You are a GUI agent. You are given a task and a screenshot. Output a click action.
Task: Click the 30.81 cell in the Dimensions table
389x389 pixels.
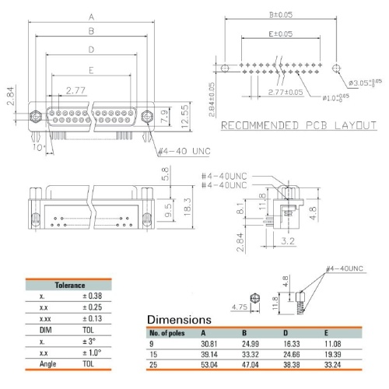coord(209,344)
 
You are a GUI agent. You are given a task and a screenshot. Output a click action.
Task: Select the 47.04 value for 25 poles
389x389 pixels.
coord(251,365)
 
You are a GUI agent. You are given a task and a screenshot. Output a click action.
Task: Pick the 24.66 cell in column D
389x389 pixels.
coord(292,354)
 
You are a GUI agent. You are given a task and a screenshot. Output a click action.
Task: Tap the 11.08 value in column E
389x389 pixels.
coord(333,344)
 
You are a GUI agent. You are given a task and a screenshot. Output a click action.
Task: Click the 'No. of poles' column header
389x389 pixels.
coord(167,333)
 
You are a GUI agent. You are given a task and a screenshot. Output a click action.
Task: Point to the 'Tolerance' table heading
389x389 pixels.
coord(70,286)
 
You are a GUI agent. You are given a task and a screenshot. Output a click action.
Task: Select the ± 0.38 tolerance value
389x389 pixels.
coord(93,296)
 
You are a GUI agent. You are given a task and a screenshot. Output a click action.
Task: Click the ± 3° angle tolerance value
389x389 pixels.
coord(89,342)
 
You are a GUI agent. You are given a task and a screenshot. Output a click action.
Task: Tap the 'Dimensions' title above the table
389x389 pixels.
coord(179,320)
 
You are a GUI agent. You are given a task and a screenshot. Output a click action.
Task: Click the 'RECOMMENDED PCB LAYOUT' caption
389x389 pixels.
coord(299,125)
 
